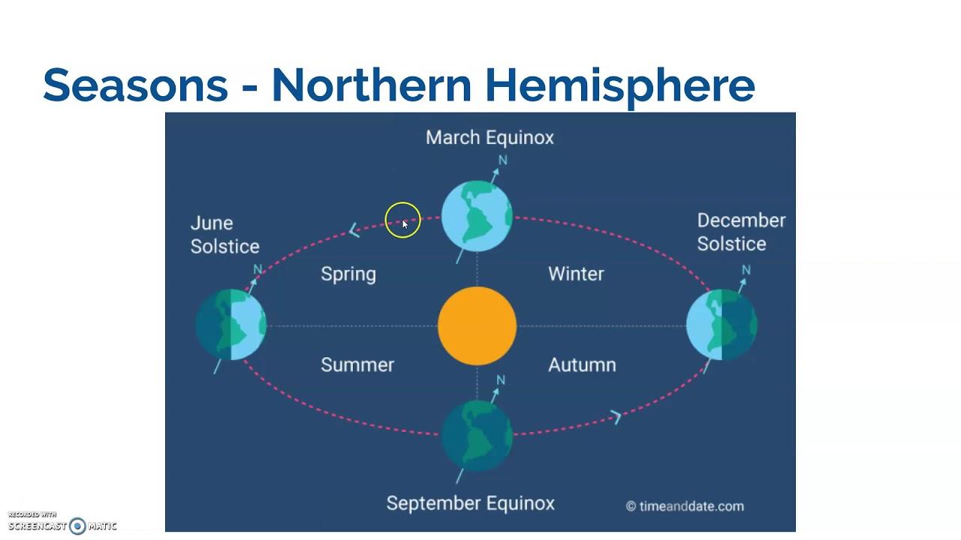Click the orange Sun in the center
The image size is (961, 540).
477,326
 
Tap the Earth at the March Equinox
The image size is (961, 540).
477,216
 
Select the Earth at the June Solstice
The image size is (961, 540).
230,325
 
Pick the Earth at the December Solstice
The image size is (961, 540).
722,325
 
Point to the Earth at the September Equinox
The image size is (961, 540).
477,436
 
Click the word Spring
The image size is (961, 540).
348,274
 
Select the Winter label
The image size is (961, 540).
576,274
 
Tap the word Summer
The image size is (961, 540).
357,364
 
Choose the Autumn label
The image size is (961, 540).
582,364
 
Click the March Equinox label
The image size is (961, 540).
490,138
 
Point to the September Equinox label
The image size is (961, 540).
470,504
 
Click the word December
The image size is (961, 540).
741,220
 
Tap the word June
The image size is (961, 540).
212,223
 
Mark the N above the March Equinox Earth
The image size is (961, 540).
503,160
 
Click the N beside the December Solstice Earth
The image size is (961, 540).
746,270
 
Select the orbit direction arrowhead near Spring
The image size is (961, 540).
354,230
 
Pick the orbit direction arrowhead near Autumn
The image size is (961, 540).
616,417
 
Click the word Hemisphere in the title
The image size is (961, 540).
620,85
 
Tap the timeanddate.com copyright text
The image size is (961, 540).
685,506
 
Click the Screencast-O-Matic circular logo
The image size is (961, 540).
77,526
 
